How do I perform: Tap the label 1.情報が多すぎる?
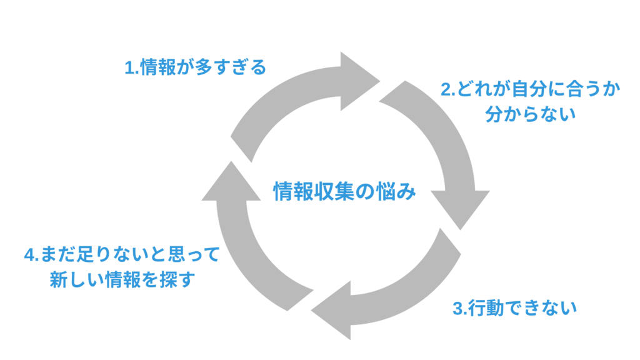pos(196,67)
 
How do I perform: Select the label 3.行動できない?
pos(513,307)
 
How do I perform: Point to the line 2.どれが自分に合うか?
pos(530,89)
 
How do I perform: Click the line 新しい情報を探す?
pos(122,279)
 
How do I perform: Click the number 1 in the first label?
pos(129,67)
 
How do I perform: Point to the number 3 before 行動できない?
pos(457,308)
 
